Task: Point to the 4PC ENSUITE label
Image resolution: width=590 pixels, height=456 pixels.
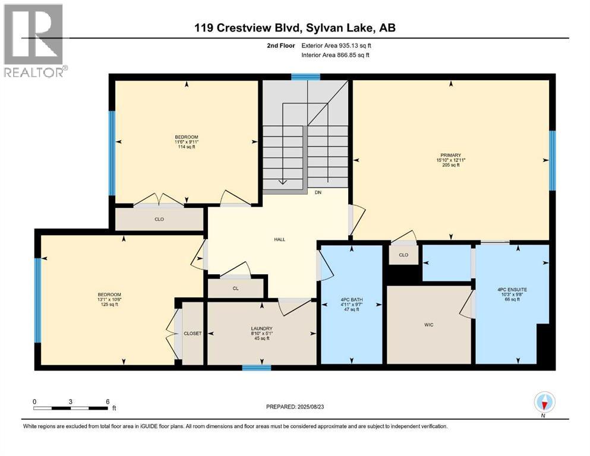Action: (x=512, y=290)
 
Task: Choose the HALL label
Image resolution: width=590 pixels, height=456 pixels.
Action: (x=279, y=239)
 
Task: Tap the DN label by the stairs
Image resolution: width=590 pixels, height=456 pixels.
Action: (x=318, y=192)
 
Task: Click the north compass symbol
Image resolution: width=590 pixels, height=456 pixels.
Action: (x=544, y=403)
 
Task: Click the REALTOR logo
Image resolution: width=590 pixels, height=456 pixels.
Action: (x=34, y=40)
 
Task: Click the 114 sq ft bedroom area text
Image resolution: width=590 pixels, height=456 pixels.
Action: (x=186, y=147)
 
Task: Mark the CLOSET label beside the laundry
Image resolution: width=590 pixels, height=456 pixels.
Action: (x=193, y=333)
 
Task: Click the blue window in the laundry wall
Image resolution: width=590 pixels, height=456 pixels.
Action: (x=257, y=368)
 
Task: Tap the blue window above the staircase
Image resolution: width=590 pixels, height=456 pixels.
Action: (x=305, y=77)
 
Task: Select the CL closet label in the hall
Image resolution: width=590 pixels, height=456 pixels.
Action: (x=235, y=289)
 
